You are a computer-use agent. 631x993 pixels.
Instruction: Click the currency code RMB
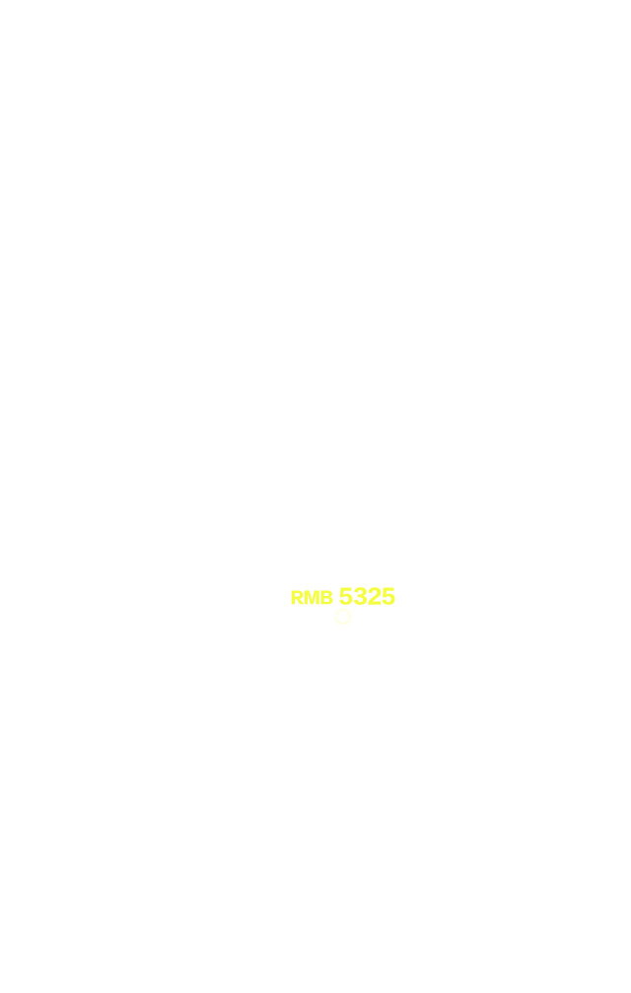click(312, 597)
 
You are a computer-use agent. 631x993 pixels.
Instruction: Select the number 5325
click(367, 596)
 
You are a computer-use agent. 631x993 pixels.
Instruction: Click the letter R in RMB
click(297, 597)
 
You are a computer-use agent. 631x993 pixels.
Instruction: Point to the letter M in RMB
click(312, 597)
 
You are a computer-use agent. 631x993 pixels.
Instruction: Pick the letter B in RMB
click(327, 597)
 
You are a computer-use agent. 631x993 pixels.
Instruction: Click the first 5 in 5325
click(346, 596)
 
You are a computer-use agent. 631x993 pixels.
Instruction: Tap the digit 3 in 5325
click(360, 596)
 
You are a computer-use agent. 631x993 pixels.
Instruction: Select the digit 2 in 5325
click(374, 596)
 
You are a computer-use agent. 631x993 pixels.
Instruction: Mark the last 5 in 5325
click(388, 596)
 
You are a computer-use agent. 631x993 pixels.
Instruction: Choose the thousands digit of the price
click(346, 596)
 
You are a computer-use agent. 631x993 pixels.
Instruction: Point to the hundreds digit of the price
click(360, 596)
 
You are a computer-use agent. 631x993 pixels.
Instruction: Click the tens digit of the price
click(374, 596)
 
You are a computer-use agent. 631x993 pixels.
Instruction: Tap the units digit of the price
click(388, 596)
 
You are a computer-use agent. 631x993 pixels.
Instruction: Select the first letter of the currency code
click(297, 597)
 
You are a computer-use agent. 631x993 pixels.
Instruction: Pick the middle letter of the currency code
click(312, 597)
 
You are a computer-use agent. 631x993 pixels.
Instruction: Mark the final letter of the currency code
click(327, 597)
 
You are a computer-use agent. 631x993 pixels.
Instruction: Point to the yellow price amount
click(367, 596)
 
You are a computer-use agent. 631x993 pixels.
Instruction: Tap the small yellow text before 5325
click(312, 597)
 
